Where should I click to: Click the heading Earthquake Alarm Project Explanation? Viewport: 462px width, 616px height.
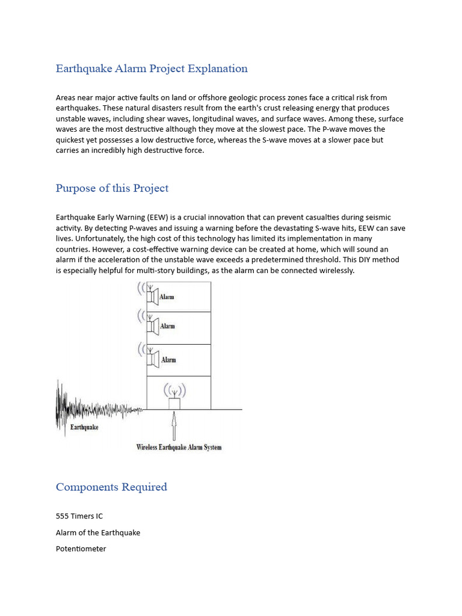click(x=152, y=69)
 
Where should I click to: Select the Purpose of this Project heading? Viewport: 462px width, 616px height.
click(x=112, y=188)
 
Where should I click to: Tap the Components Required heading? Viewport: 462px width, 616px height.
click(x=111, y=487)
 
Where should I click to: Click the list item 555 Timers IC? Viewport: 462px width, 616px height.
click(x=83, y=516)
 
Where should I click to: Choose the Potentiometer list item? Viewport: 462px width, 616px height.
click(x=81, y=549)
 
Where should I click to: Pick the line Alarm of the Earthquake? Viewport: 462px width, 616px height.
click(x=98, y=532)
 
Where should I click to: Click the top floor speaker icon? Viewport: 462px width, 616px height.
click(x=152, y=296)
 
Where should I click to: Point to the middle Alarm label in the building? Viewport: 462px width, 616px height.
click(x=168, y=327)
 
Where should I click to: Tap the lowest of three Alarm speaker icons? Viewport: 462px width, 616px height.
click(x=152, y=360)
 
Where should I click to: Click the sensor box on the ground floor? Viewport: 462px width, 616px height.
click(x=174, y=403)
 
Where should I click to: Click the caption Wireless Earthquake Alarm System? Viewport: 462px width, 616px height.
click(x=179, y=447)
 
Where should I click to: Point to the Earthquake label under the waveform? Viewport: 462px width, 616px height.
click(x=84, y=428)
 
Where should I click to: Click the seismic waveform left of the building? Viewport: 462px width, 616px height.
click(x=90, y=409)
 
